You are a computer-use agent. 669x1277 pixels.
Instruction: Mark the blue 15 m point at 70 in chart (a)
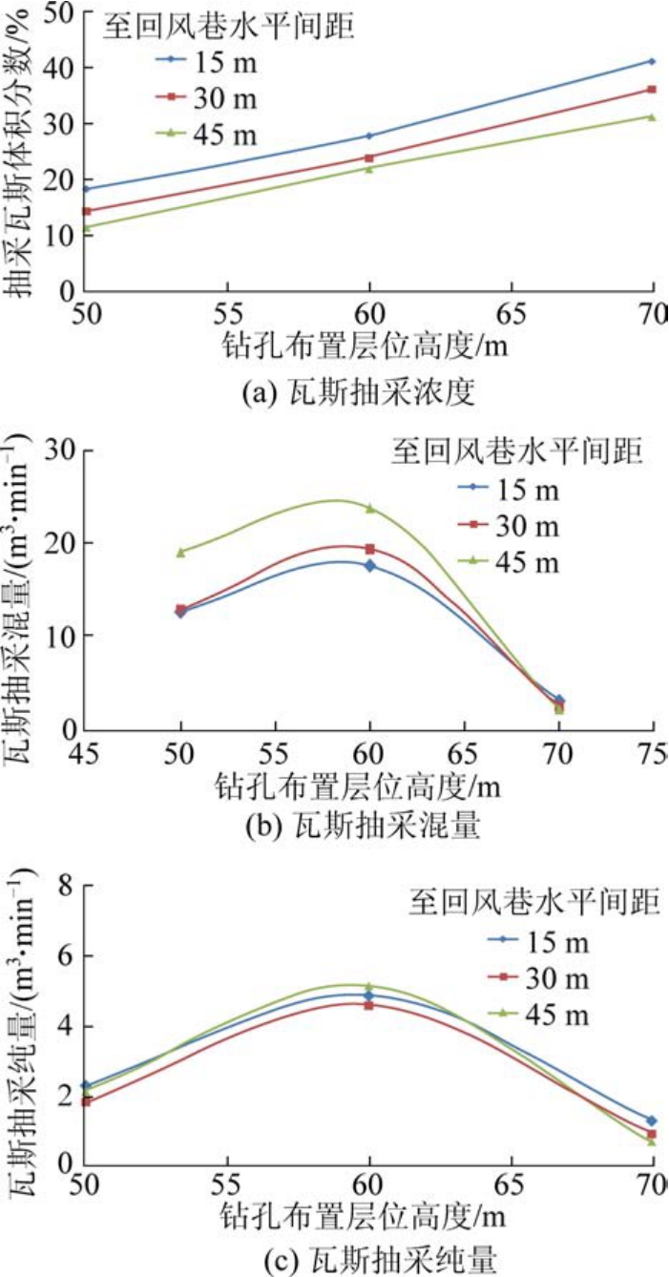(x=653, y=61)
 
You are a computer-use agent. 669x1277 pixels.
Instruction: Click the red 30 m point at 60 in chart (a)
(x=369, y=157)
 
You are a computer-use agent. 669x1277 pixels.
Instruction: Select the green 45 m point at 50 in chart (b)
(x=180, y=552)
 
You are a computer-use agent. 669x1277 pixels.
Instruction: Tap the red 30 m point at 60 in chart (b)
(x=369, y=549)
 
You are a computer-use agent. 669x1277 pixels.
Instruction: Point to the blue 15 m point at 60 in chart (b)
(x=369, y=566)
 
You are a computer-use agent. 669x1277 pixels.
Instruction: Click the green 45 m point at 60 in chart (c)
(x=369, y=986)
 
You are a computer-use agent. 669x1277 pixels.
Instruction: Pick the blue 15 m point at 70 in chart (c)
(x=653, y=1120)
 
